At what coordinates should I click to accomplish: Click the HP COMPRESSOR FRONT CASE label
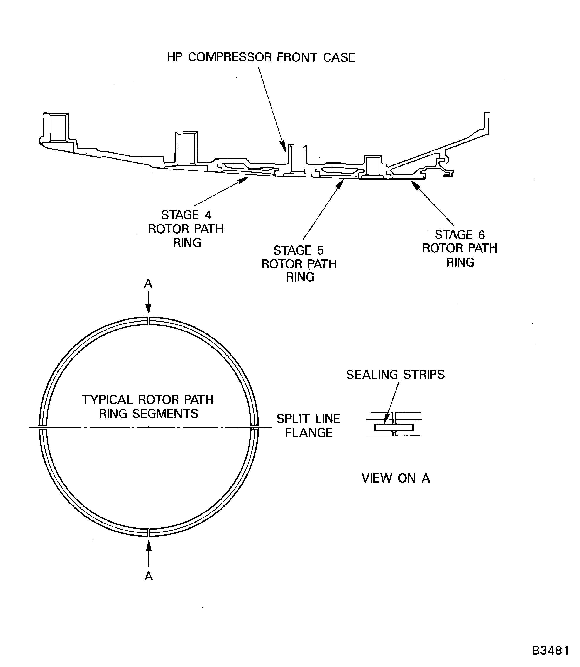[261, 57]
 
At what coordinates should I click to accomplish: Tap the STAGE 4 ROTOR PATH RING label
[186, 229]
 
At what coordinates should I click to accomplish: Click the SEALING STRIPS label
[395, 375]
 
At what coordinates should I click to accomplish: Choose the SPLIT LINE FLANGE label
[308, 425]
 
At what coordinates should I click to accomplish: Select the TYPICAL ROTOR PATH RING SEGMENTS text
[148, 407]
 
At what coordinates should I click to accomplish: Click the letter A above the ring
[148, 284]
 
